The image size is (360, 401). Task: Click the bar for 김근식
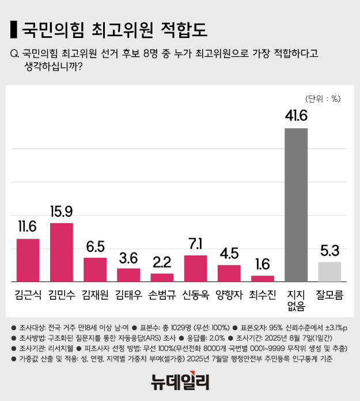pos(28,260)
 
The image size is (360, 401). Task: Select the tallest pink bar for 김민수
pos(62,252)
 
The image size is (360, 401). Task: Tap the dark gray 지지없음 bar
pos(296,205)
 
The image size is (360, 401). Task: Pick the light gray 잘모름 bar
pos(329,272)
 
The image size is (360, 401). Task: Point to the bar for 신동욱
pos(195,268)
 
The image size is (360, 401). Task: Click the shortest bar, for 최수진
pos(263,278)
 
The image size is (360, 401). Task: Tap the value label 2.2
pos(162,262)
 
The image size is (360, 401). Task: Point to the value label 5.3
pos(329,251)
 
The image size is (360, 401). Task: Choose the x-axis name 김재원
pos(95,296)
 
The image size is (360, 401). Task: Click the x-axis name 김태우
pos(128,296)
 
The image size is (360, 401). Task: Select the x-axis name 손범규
pos(162,296)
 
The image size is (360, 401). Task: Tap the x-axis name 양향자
pos(229,296)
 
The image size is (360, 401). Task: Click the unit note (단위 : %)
pos(324,98)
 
